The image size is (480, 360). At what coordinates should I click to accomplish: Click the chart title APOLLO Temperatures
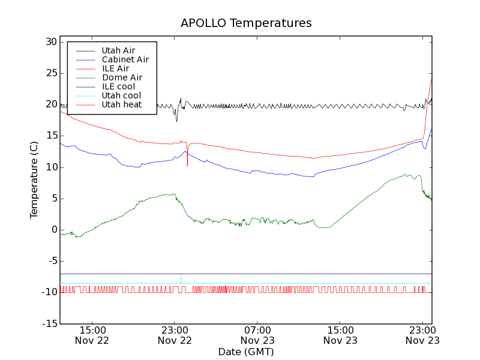[x=246, y=23]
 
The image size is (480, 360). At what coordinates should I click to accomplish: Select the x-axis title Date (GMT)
[x=246, y=352]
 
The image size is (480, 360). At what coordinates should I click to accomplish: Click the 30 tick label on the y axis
[x=50, y=42]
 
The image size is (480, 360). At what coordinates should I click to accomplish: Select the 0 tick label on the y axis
[x=54, y=230]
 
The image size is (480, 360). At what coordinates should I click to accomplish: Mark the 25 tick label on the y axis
[x=50, y=73]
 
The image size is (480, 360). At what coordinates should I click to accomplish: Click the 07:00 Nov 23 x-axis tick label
[x=258, y=335]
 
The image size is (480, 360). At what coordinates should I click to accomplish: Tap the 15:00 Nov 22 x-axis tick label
[x=92, y=335]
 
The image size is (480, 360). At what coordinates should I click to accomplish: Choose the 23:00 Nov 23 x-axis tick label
[x=423, y=335]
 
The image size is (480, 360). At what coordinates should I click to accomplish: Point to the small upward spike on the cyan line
[x=181, y=278]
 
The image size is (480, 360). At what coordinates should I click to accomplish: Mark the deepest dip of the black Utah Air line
[x=176, y=121]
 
